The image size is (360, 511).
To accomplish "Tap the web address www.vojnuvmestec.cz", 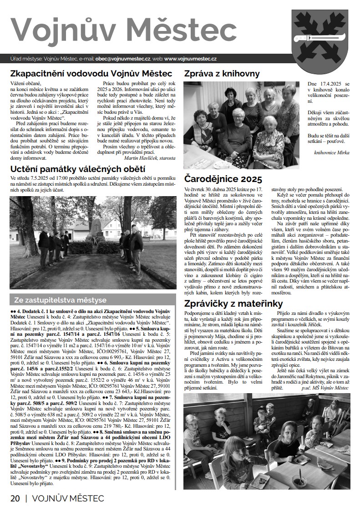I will pyautogui.click(x=190, y=59).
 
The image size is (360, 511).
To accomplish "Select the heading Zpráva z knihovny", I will pyautogui.click(x=221, y=74).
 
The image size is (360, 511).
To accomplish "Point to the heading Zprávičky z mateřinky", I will pyautogui.click(x=233, y=304).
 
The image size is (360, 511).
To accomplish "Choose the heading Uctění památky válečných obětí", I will pyautogui.click(x=75, y=170).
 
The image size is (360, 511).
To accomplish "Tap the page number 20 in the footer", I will pyautogui.click(x=15, y=498).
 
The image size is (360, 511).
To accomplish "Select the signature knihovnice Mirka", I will pyautogui.click(x=331, y=152).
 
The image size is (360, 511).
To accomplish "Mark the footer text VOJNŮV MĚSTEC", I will pyautogui.click(x=68, y=498).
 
